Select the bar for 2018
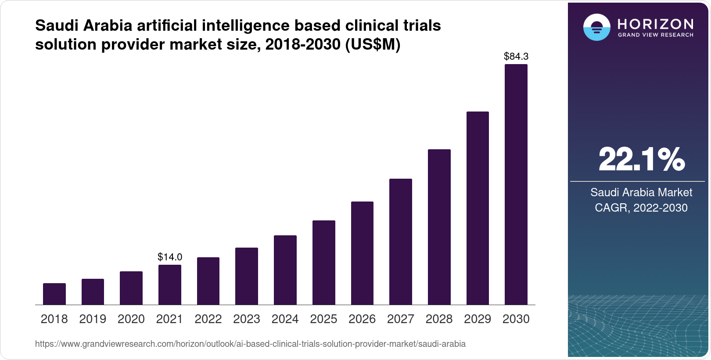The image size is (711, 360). point(54,294)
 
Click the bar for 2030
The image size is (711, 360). point(516,184)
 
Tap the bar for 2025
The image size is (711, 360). point(324,263)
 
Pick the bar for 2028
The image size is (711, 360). point(439,227)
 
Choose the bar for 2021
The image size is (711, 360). point(170,284)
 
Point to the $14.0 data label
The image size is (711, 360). point(170,257)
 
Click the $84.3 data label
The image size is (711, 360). point(516,56)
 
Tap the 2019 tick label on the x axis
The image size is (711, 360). point(93,319)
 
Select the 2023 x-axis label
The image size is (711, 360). point(247,319)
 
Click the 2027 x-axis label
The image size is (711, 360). point(401,319)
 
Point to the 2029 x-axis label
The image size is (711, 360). point(478,319)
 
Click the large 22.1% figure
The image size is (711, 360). point(641,159)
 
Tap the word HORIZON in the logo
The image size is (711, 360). point(655,24)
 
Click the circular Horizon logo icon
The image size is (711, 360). point(596,28)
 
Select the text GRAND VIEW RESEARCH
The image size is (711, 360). point(655,35)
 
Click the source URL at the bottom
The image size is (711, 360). point(250,344)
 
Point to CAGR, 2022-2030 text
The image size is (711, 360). point(641,208)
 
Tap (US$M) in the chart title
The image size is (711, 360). point(373,45)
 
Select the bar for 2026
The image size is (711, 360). point(362,253)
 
